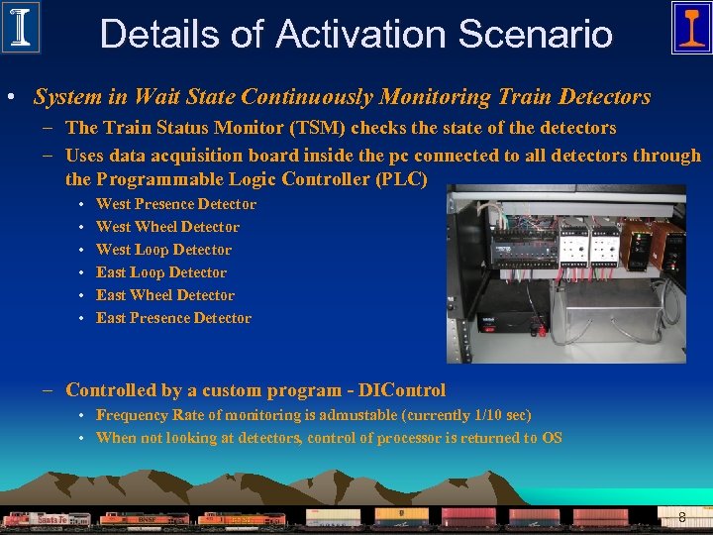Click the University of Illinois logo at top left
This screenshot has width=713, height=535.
pos(21,28)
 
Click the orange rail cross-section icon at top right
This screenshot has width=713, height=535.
pos(690,28)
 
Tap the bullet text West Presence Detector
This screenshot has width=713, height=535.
pos(175,204)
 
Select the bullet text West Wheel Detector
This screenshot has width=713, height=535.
pos(167,227)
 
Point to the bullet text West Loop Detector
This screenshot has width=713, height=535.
pos(163,250)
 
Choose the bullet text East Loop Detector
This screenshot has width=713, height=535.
pos(160,272)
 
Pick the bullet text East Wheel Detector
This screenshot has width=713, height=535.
pos(165,295)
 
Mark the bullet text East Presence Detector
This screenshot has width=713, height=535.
pos(173,318)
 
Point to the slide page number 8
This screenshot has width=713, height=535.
pos(682,517)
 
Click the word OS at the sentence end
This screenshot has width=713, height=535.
pos(552,438)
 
